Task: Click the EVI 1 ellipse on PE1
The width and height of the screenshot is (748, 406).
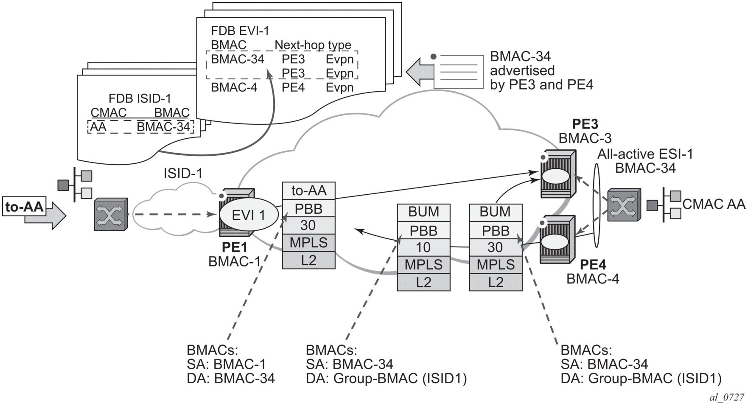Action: [x=248, y=215]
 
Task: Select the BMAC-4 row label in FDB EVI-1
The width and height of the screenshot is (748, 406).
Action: [x=234, y=87]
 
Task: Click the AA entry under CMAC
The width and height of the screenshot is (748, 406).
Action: [x=98, y=126]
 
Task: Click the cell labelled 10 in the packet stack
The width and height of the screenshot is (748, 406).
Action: [x=423, y=247]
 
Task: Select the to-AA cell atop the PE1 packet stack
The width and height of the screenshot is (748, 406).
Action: [x=309, y=190]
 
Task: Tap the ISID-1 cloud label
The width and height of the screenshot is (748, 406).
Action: [x=183, y=174]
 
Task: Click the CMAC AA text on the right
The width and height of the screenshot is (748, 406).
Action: [x=714, y=204]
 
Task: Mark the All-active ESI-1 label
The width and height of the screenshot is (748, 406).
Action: [x=645, y=154]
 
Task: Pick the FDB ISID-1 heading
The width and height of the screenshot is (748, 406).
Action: [x=140, y=98]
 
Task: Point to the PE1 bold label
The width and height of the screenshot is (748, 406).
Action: [x=234, y=247]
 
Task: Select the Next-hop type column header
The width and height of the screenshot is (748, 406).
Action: [x=313, y=45]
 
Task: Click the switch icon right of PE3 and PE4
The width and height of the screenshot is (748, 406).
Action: [x=624, y=205]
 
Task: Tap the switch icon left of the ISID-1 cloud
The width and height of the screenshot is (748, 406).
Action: [x=110, y=214]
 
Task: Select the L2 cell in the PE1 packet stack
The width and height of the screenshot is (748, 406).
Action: [x=309, y=260]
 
